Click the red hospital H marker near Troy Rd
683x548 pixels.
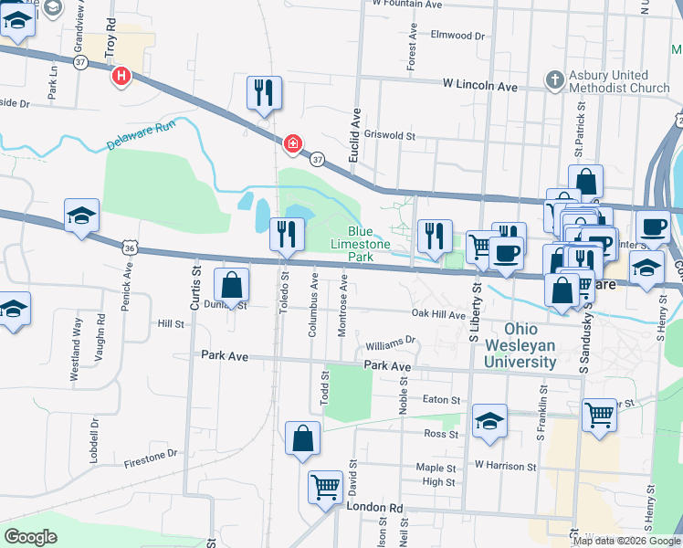121,77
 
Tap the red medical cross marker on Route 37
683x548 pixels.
292,144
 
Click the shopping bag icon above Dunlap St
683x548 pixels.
232,285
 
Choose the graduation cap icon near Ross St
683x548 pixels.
489,421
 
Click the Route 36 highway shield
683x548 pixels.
131,247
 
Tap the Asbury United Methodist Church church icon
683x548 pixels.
554,80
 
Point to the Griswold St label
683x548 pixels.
390,135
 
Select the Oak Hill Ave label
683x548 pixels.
438,313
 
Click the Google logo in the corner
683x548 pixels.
31,537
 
